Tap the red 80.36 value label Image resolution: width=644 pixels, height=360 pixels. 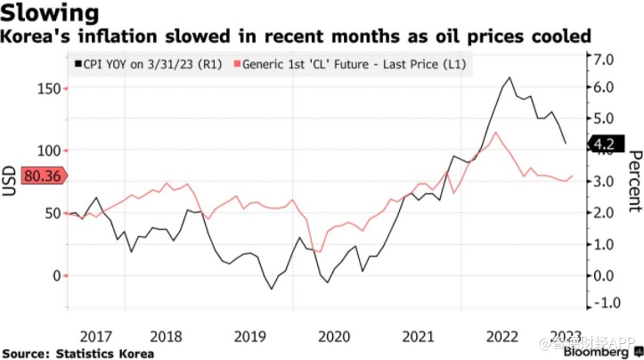(42, 176)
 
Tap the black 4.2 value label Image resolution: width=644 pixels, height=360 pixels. (605, 143)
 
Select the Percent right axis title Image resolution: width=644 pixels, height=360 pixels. (634, 181)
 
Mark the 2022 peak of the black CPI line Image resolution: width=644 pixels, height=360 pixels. (509, 78)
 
